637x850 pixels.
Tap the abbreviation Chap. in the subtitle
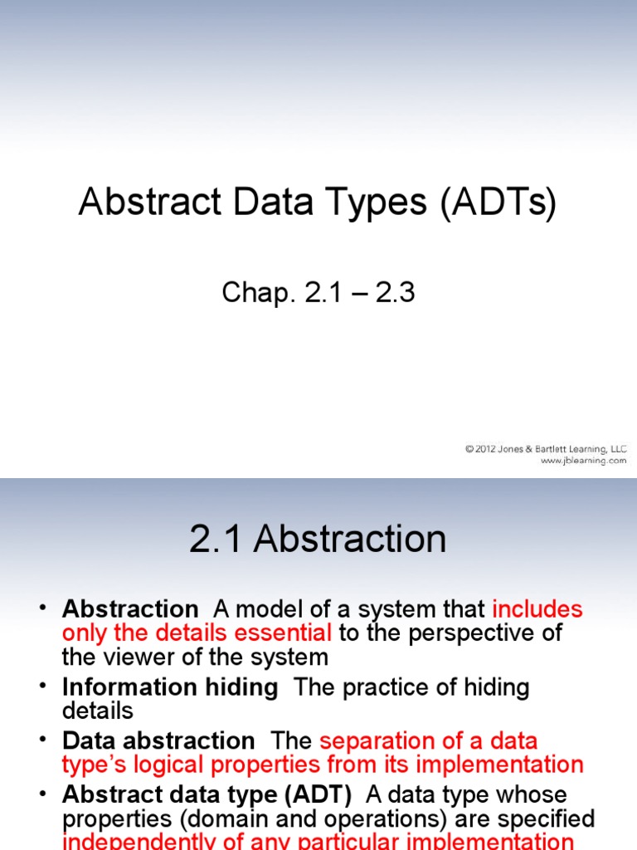(255, 292)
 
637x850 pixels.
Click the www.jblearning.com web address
(584, 461)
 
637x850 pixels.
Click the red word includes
(537, 610)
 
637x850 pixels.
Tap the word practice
(390, 687)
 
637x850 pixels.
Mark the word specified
(548, 818)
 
